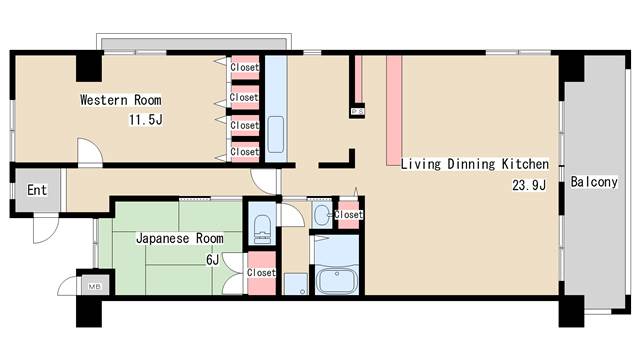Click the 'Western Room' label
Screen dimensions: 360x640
coord(120,100)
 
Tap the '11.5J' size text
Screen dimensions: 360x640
coord(144,120)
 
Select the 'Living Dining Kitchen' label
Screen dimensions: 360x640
coord(474,164)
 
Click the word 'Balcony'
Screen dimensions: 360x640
coord(592,183)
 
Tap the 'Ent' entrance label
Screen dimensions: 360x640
coord(37,190)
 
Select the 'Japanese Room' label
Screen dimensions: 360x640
coord(179,238)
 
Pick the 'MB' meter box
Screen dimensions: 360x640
coord(95,287)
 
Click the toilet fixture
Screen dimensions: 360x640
coord(262,229)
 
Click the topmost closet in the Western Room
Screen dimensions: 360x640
coord(244,68)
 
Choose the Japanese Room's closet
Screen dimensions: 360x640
coord(260,272)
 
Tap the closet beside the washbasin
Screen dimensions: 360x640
coord(348,214)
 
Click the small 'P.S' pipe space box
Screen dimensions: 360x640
coord(356,112)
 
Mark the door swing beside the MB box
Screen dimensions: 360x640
coord(69,284)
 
